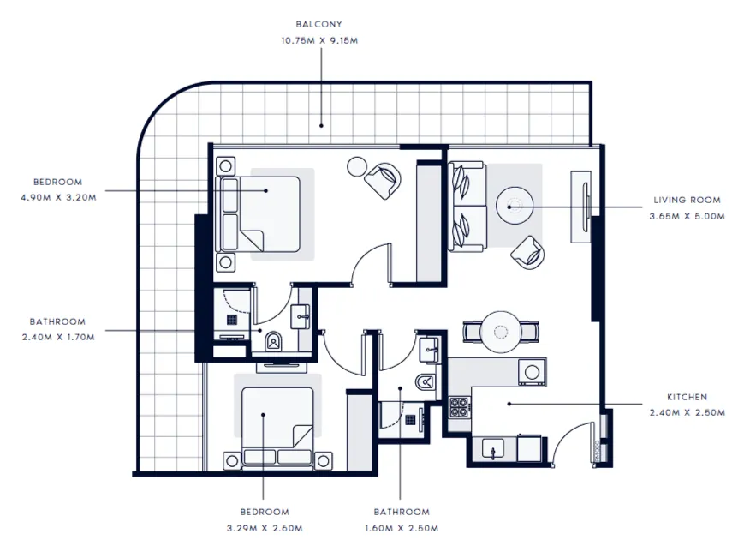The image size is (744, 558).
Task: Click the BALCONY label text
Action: (x=320, y=25)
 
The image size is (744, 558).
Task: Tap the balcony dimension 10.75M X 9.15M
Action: (x=320, y=39)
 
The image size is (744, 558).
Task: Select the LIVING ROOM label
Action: (x=687, y=200)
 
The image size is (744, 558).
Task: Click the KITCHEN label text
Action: (x=687, y=397)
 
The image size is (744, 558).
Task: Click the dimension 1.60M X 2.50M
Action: (x=400, y=528)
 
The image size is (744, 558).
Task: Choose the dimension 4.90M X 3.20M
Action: (x=57, y=197)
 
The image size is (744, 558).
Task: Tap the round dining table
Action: (x=501, y=330)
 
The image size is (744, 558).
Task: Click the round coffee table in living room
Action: (x=515, y=206)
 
